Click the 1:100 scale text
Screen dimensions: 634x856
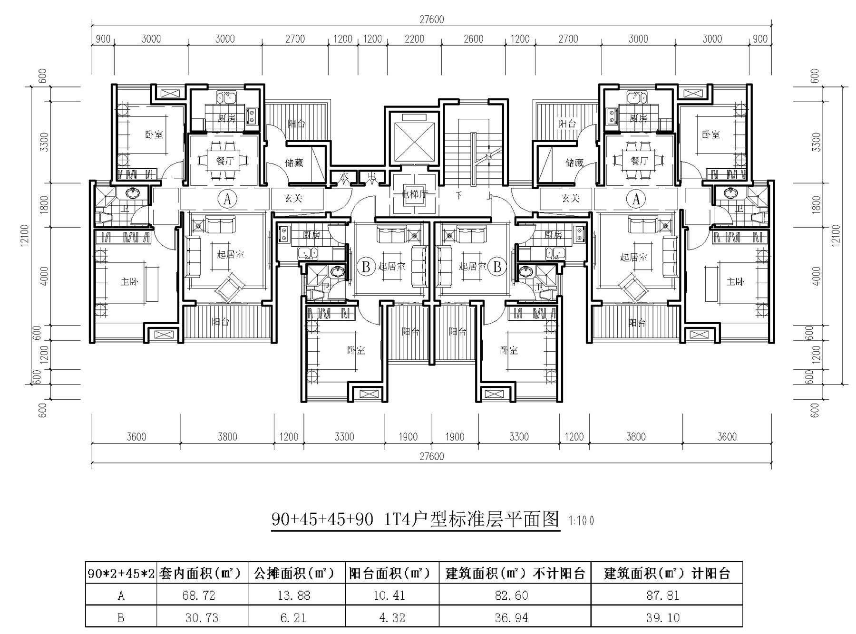pos(581,521)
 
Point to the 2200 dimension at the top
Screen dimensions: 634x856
pos(414,39)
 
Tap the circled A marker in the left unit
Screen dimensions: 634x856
pos(227,199)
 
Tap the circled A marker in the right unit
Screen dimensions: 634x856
pos(636,199)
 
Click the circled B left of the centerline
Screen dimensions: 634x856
pos(366,266)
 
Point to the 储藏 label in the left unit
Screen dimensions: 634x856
pos(294,163)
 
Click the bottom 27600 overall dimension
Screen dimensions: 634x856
pos(431,456)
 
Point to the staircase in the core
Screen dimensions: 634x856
pos(473,152)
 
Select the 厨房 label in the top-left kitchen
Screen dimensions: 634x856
pos(227,118)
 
